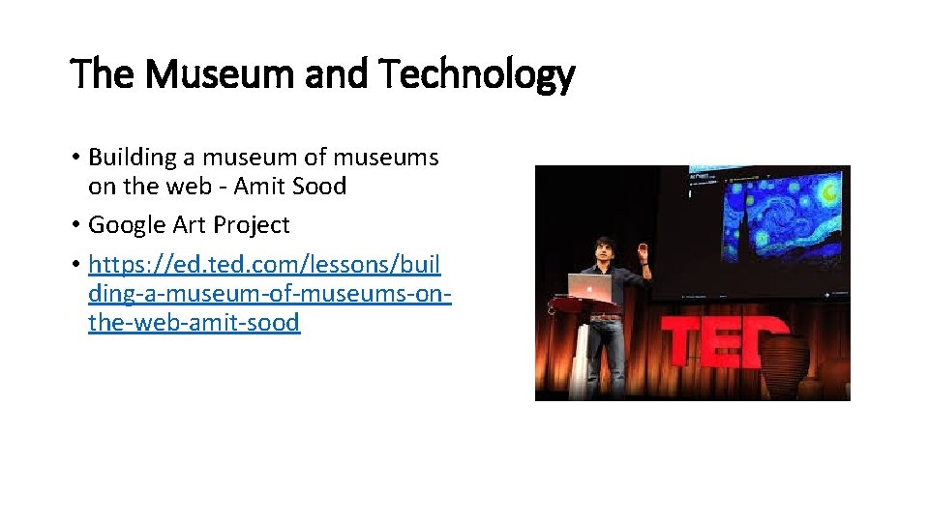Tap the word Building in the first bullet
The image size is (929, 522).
[x=131, y=158]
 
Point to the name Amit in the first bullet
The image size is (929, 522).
[x=261, y=187]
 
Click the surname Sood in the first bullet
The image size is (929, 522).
[x=319, y=187]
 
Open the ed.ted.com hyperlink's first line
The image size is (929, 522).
[x=264, y=264]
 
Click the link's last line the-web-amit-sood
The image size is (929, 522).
[x=194, y=322]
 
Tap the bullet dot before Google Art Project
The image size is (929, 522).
[x=75, y=225]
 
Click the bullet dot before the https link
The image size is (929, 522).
[x=75, y=264]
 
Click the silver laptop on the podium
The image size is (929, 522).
[x=589, y=286]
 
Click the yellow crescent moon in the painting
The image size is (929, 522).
[x=827, y=193]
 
